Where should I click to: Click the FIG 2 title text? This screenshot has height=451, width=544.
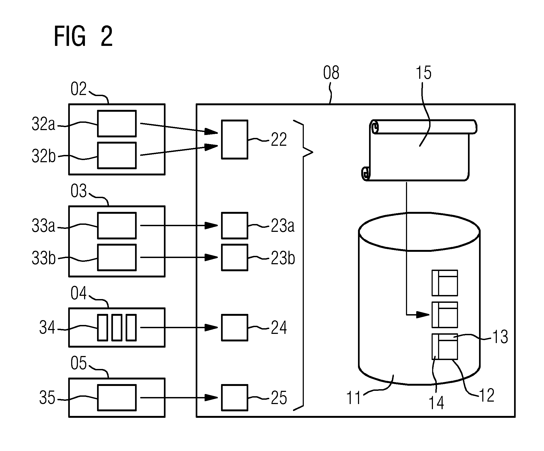pyautogui.click(x=83, y=37)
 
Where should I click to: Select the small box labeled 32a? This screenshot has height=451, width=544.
pyautogui.click(x=117, y=123)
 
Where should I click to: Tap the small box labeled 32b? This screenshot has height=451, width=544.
pyautogui.click(x=117, y=155)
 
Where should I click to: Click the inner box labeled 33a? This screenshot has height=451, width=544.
pyautogui.click(x=117, y=225)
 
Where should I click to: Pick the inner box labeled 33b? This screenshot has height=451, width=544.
pyautogui.click(x=117, y=257)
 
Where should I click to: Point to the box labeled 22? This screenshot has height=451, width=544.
pyautogui.click(x=235, y=140)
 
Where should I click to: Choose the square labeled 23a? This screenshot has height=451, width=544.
pyautogui.click(x=235, y=226)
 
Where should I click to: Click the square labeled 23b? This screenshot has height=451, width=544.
pyautogui.click(x=235, y=257)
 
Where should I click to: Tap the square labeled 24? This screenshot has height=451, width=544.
pyautogui.click(x=235, y=328)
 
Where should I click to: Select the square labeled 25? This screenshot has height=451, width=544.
pyautogui.click(x=235, y=398)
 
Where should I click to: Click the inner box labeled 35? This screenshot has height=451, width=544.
pyautogui.click(x=117, y=398)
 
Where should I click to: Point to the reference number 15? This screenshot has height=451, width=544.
pyautogui.click(x=424, y=73)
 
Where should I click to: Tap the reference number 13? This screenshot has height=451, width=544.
pyautogui.click(x=500, y=337)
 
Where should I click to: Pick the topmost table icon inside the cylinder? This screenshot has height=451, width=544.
pyautogui.click(x=445, y=283)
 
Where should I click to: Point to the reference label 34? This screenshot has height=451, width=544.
pyautogui.click(x=47, y=328)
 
